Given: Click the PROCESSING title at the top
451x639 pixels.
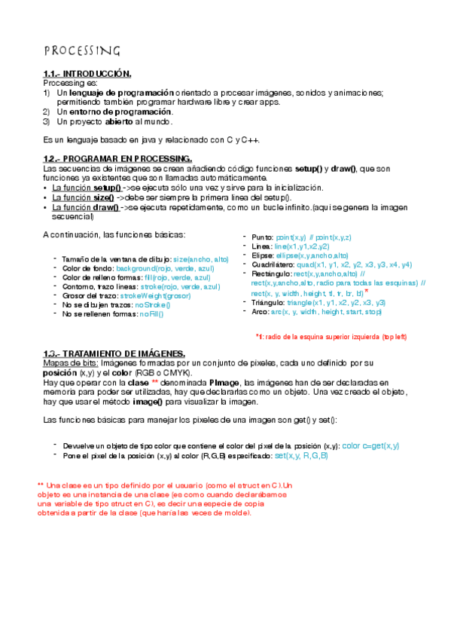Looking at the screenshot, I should (81, 50).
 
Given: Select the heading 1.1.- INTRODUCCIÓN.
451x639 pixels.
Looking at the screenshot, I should (87, 74).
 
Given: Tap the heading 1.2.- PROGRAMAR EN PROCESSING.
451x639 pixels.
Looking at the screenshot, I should (117, 159).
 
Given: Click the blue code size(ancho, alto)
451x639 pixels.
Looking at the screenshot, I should (200, 259).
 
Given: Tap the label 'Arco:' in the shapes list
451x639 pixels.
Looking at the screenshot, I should (260, 311).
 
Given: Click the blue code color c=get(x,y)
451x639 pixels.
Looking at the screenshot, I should (349, 445).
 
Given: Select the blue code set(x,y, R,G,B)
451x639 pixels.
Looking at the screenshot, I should (291, 456).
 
